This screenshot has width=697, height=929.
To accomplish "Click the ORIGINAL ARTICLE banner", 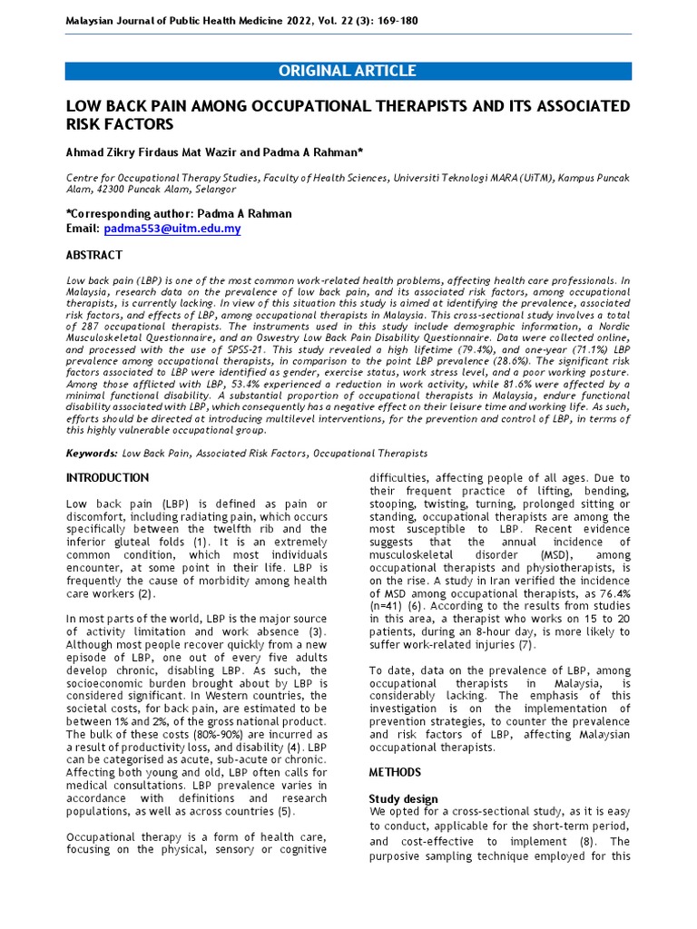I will (348, 71).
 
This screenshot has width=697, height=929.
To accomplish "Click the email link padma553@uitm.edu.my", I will (172, 229).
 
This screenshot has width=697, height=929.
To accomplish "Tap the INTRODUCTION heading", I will (108, 477).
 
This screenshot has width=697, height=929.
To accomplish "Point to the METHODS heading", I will (395, 772).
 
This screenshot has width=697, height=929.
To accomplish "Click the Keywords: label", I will (92, 453).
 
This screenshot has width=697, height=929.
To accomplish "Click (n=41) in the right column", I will (391, 607).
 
